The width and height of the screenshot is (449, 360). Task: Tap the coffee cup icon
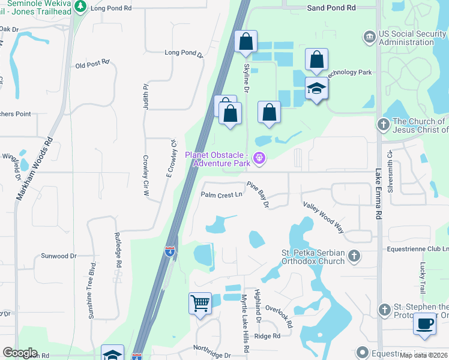point(425,323)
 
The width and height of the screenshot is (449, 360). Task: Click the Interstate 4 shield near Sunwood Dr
point(170,251)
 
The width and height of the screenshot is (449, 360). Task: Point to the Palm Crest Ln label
point(221,194)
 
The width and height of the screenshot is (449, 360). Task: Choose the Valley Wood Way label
point(323,217)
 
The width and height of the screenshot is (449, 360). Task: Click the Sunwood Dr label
point(59,256)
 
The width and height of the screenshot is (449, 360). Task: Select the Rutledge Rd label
point(118,250)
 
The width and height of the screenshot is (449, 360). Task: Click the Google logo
point(20,353)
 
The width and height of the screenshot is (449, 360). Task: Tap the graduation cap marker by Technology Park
point(316,89)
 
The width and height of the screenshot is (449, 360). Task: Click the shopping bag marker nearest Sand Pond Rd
point(246,42)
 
